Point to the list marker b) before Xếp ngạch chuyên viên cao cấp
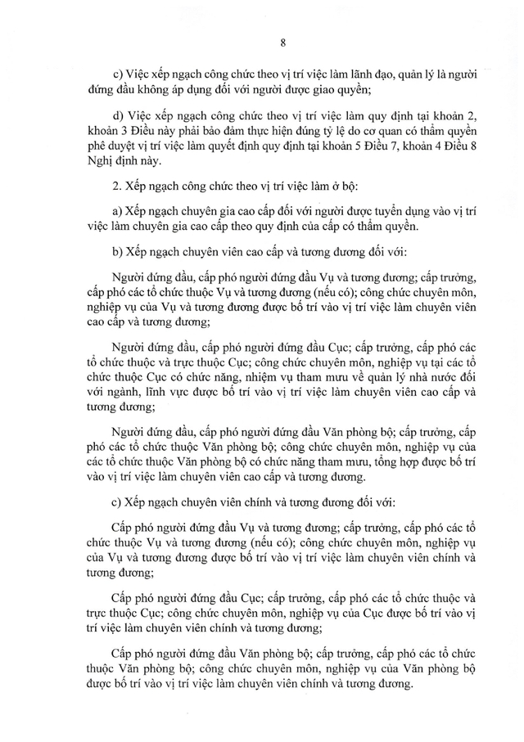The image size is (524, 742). tap(115, 249)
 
